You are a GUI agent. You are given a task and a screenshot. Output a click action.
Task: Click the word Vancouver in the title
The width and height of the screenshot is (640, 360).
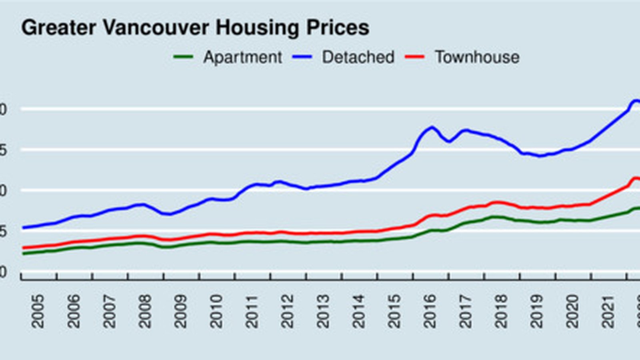156,28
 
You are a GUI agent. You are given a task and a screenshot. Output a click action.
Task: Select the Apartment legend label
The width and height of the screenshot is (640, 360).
242,57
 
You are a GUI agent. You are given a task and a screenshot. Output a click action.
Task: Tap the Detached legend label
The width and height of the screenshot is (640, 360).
358,57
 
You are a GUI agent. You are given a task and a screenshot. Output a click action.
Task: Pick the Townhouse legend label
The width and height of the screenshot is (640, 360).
477,57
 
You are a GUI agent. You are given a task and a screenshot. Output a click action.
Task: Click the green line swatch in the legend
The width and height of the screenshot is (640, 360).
183,57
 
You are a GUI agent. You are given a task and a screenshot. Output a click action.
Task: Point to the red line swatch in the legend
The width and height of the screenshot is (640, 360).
414,57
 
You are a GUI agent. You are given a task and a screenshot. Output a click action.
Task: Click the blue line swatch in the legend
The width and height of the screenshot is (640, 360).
302,57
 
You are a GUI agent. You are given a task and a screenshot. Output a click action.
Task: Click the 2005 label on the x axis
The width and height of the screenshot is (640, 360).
38,311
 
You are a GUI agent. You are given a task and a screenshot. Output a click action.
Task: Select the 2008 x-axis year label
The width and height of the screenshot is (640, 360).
145,311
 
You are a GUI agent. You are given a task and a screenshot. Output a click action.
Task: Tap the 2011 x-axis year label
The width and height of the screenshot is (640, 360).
252,311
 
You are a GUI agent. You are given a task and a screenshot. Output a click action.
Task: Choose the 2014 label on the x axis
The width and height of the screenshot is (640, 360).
358,311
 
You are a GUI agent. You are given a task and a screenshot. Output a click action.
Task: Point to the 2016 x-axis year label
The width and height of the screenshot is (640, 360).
430,311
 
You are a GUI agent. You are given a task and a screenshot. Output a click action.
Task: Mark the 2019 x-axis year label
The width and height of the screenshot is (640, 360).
536,311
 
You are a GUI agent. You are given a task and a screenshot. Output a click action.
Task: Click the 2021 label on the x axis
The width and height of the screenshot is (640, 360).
608,311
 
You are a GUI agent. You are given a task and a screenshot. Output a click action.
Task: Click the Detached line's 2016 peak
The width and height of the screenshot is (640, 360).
432,128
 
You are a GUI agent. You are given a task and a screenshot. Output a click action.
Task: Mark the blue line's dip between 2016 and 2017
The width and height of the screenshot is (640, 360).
449,141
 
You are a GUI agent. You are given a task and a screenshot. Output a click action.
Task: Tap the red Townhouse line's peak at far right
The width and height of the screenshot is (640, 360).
635,178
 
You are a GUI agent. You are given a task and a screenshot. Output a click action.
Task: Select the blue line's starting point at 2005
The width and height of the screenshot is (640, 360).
22,228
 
